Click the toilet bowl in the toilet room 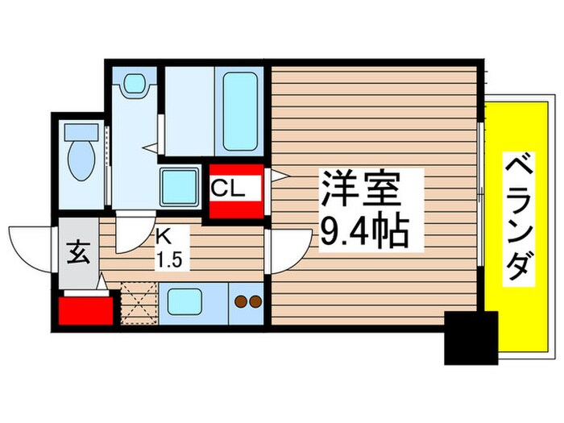click(x=81, y=159)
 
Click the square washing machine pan click(x=178, y=188)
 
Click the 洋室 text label click(x=360, y=191)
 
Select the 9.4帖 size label click(x=363, y=233)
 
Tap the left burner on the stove click(x=239, y=302)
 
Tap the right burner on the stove click(x=254, y=302)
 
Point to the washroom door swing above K click(x=133, y=236)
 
